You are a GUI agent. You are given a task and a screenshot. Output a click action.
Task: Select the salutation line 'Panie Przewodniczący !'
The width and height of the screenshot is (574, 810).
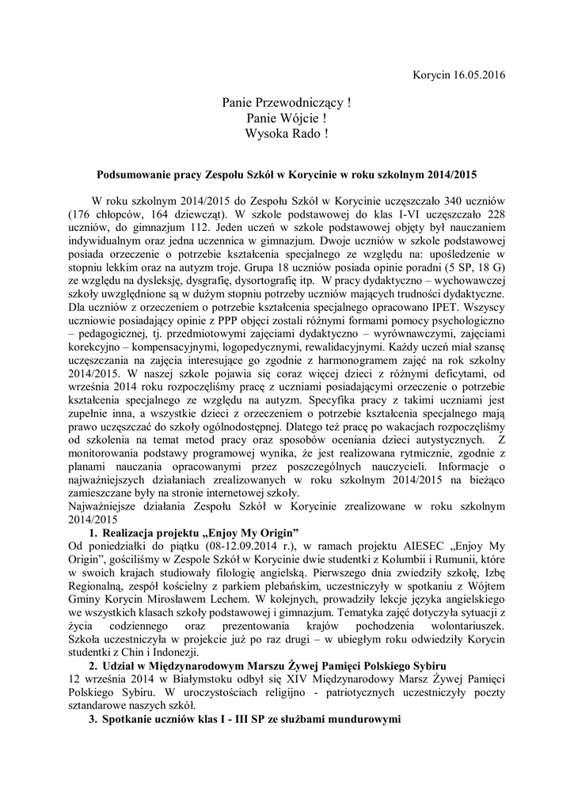pos(287,103)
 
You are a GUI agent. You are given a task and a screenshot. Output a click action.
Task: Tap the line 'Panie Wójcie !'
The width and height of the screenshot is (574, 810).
pos(287,118)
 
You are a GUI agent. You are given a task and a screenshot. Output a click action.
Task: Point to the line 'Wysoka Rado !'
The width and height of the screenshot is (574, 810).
pos(287,133)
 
